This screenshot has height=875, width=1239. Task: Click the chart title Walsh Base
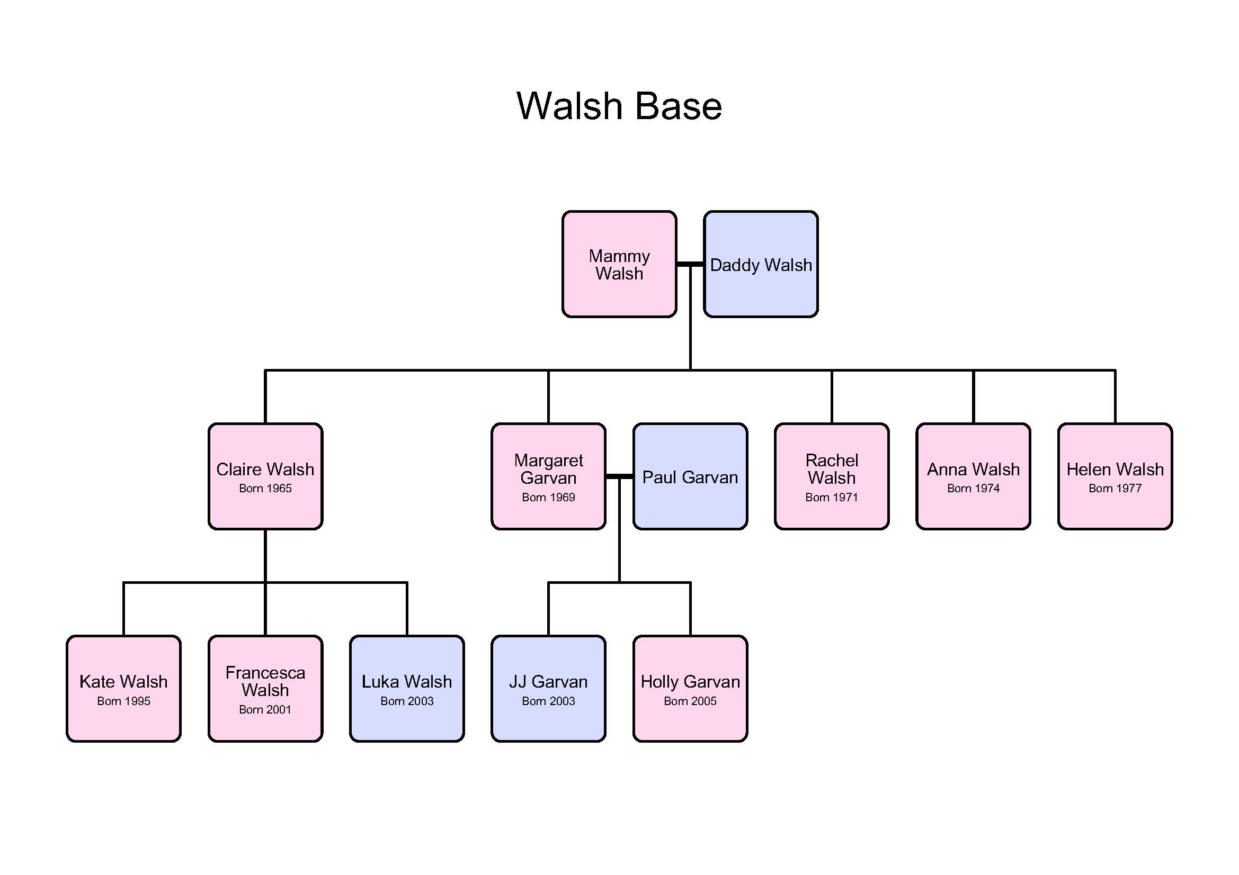(619, 106)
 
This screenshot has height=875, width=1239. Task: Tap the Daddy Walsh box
(761, 264)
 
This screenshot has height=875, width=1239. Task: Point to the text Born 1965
(265, 489)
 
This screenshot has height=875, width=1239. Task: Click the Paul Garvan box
(690, 476)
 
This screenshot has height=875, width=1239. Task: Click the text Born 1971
(832, 497)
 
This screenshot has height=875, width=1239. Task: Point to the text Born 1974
(973, 489)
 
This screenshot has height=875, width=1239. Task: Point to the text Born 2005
(690, 701)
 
